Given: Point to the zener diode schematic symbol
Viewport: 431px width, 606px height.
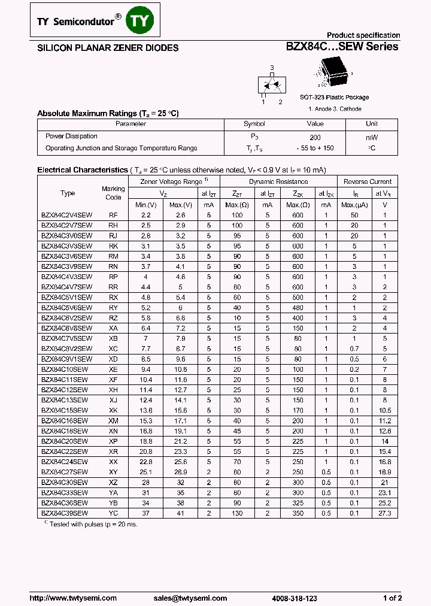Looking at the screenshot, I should pyautogui.click(x=271, y=84).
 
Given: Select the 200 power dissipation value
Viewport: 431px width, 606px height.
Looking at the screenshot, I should pyautogui.click(x=315, y=137).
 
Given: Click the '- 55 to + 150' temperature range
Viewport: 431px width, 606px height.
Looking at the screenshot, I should pyautogui.click(x=315, y=149).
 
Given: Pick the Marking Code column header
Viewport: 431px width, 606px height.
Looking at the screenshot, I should pyautogui.click(x=113, y=193).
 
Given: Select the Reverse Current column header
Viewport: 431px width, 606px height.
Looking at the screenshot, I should pyautogui.click(x=368, y=181).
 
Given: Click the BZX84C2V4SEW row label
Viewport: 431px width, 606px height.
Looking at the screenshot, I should pyautogui.click(x=66, y=214).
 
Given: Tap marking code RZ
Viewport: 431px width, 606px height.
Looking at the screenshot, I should pyautogui.click(x=113, y=318).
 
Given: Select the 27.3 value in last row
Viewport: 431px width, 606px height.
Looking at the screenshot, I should pyautogui.click(x=384, y=513).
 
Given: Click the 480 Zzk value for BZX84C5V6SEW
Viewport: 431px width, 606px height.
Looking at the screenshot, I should pyautogui.click(x=298, y=308).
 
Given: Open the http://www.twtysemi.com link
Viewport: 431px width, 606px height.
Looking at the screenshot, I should pyautogui.click(x=64, y=598).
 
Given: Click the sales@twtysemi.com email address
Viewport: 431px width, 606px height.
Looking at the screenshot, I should pyautogui.click(x=190, y=598).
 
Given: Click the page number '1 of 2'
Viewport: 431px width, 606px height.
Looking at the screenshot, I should pyautogui.click(x=392, y=598).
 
